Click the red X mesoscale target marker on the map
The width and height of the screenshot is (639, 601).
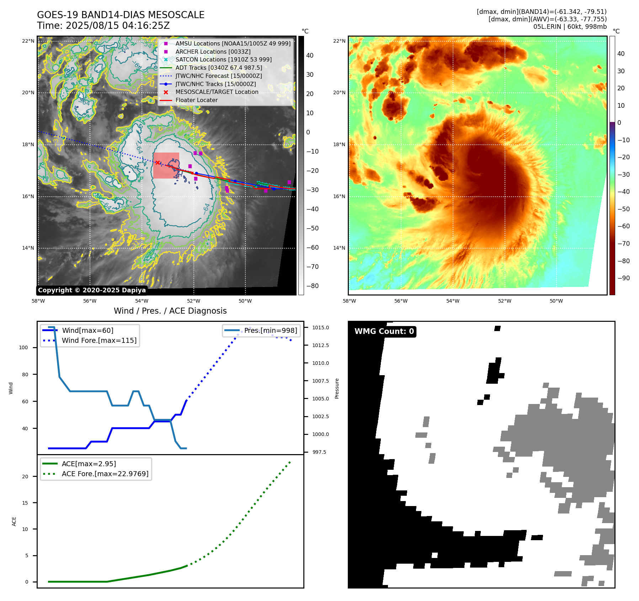158,163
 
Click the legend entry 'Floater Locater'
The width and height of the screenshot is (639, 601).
196,100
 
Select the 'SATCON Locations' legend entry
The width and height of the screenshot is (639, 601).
223,60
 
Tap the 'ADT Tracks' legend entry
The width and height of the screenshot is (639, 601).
219,68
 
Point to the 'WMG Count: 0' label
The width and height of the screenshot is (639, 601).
384,331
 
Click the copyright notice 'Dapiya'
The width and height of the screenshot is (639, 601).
92,290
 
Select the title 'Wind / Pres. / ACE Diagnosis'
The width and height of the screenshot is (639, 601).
170,311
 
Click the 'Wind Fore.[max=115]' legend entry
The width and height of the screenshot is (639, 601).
99,340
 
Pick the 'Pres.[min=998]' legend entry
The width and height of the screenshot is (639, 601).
270,330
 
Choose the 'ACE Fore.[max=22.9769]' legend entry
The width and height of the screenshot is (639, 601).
105,474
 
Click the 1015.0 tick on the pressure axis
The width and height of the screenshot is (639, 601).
320,328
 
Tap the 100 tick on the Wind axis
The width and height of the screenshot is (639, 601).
23,347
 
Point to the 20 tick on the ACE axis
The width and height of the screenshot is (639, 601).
25,477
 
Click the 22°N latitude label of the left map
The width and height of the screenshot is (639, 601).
28,41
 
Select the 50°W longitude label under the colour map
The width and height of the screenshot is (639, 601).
556,301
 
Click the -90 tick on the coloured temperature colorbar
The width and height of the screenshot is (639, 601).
623,278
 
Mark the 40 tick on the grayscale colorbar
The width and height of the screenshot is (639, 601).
310,55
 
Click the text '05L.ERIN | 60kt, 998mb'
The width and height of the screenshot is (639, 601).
570,27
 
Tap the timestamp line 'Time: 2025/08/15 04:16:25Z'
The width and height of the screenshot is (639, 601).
103,26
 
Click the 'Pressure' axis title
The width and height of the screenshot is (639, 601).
337,388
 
